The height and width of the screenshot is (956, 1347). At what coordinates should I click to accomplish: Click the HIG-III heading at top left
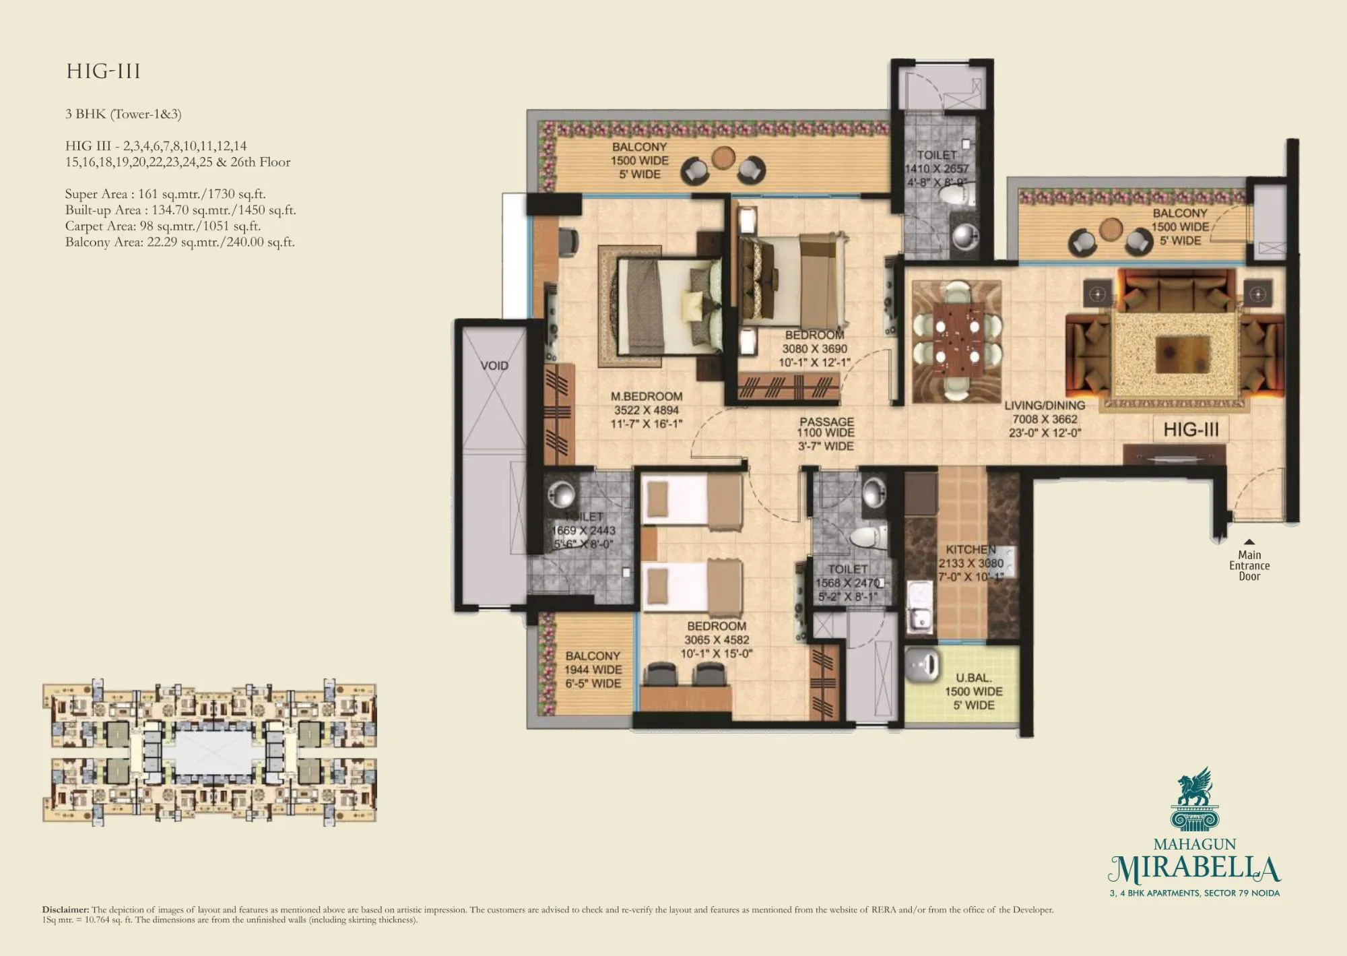(x=103, y=71)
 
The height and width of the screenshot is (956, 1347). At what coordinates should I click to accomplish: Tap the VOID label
(x=494, y=366)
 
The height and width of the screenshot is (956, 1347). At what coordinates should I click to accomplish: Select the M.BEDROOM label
(x=646, y=397)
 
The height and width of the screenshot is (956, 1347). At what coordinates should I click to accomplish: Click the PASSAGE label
(x=826, y=421)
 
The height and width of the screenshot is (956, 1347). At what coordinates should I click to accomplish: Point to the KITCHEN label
(x=970, y=550)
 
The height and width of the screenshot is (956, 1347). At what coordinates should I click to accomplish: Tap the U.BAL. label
(x=973, y=678)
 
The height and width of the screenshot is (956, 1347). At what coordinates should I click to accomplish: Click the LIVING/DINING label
(x=1044, y=406)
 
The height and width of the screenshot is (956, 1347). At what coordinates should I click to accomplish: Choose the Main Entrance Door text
(x=1249, y=566)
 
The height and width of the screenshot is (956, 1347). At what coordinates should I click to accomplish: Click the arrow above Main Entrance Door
(x=1249, y=542)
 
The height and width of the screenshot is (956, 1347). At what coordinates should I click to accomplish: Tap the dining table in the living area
(x=956, y=341)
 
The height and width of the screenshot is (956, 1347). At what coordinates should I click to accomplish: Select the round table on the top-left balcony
(x=723, y=158)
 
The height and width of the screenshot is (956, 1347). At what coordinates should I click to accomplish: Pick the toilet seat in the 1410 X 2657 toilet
(x=954, y=196)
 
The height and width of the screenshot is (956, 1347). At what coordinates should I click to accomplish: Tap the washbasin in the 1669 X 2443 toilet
(x=560, y=494)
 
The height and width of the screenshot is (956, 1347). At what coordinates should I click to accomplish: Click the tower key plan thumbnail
(x=209, y=752)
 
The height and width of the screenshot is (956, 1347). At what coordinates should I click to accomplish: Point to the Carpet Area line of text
(x=162, y=226)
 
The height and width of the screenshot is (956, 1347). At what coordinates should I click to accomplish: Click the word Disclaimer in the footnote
(x=65, y=910)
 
